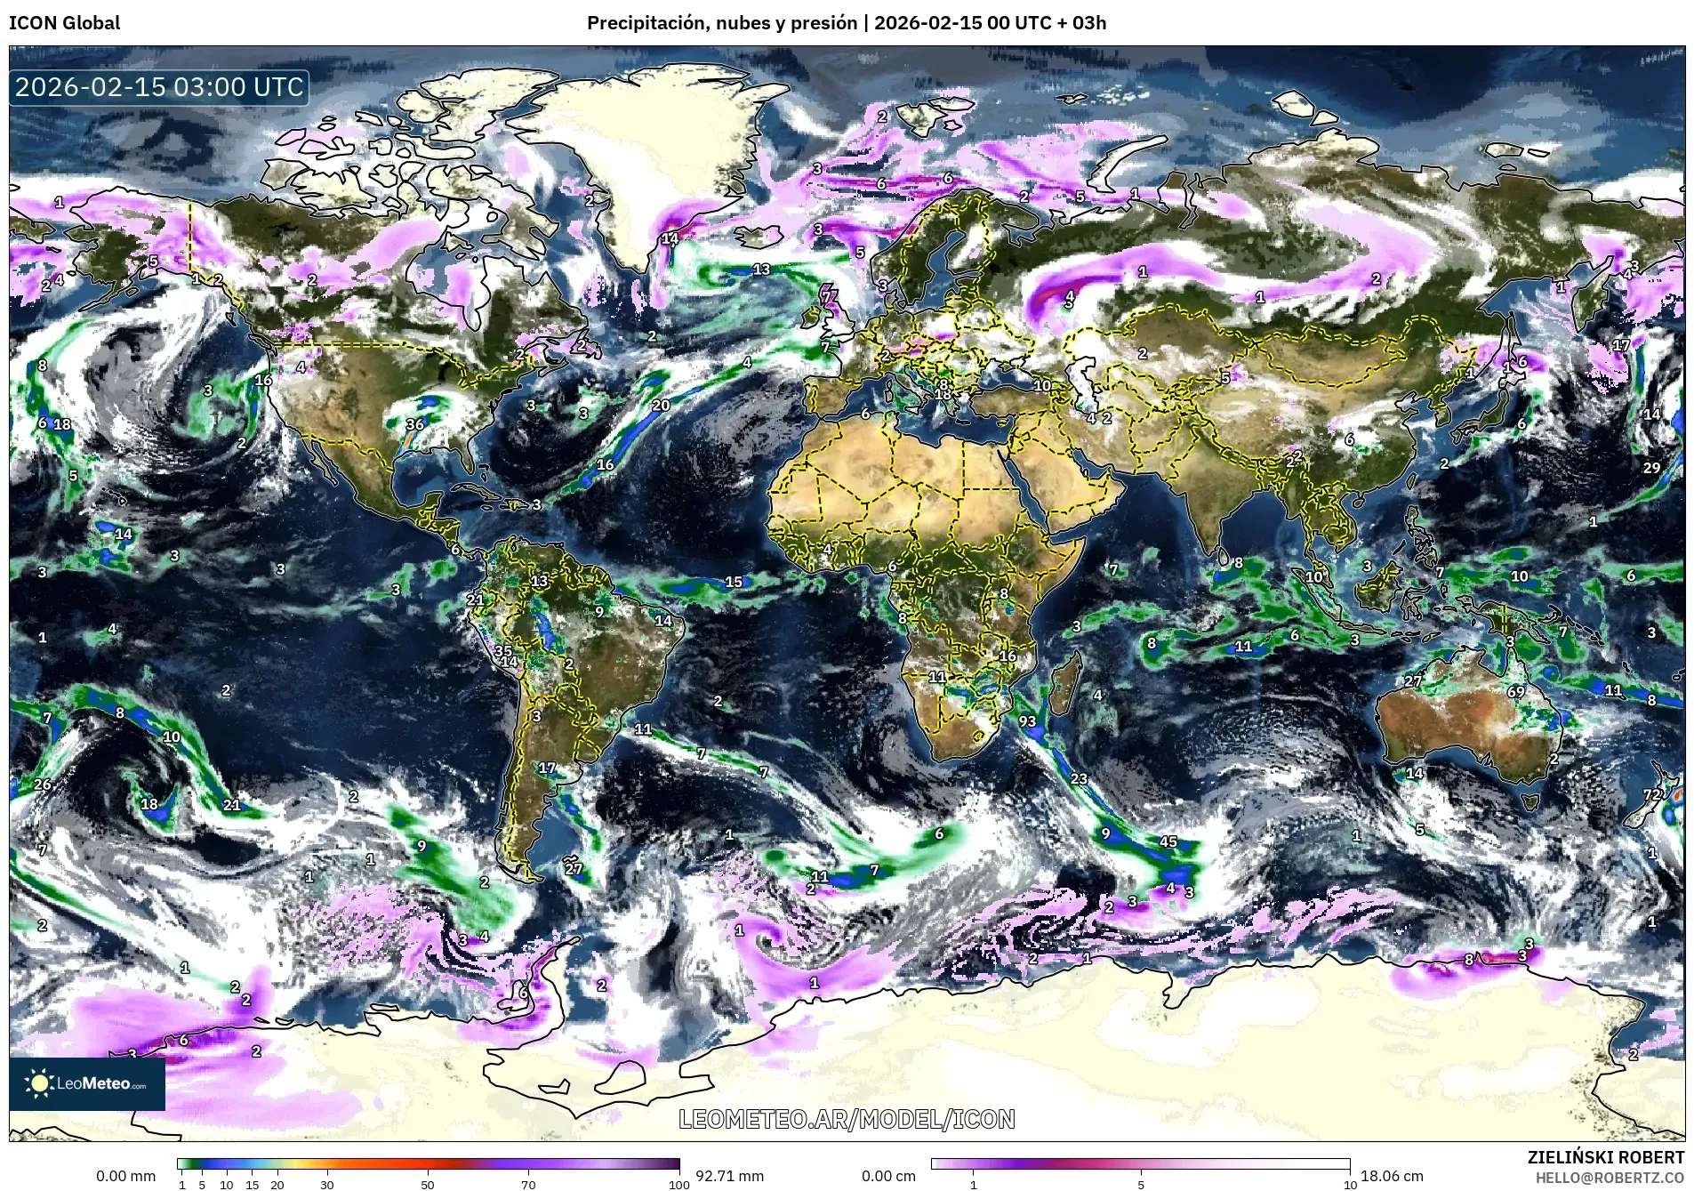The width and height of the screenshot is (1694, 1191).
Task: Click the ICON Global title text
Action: pos(64,23)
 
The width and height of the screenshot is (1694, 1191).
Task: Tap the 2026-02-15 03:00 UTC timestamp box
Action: pos(159,87)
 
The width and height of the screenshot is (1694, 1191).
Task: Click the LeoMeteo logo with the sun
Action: pos(87,1083)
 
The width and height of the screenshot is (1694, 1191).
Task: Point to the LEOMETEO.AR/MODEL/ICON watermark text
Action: pos(847,1119)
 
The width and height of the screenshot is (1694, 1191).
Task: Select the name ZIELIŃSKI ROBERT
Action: pos(1605,1157)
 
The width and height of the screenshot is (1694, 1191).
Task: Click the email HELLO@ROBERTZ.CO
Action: pos(1610,1178)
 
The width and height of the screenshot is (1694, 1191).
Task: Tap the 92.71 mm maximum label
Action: pos(729,1176)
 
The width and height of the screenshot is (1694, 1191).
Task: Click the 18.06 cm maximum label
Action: pos(1392,1176)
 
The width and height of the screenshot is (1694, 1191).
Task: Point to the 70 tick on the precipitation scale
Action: pos(528,1184)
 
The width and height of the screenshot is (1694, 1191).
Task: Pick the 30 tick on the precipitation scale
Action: pos(327,1184)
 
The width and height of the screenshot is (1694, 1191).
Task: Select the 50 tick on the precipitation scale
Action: pos(428,1184)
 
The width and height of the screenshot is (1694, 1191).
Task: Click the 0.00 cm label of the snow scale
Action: pos(888,1176)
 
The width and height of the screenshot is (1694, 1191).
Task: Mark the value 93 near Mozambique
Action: pos(1027,720)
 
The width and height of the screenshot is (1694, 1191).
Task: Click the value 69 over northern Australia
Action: pos(1516,692)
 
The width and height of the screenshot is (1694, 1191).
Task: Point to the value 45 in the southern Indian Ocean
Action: pos(1168,841)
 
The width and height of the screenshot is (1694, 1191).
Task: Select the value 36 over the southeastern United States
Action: pos(415,424)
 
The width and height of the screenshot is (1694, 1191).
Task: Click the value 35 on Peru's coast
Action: pos(503,651)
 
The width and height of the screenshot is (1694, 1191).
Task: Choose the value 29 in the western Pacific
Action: pos(1651,468)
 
